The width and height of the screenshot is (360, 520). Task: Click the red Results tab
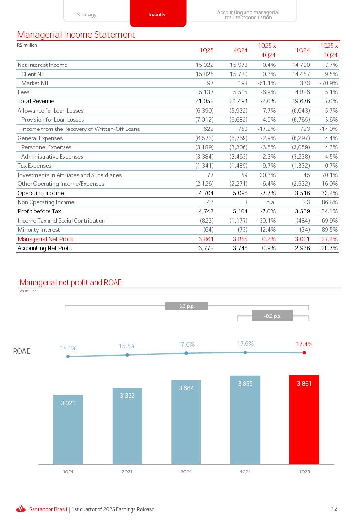[x=157, y=14]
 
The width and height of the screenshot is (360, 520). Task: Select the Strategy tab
[x=86, y=15]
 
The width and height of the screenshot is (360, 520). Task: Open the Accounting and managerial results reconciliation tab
[x=247, y=15]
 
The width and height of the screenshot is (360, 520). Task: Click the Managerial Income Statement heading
[x=76, y=35]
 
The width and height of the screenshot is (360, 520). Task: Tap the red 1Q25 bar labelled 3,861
[x=304, y=420]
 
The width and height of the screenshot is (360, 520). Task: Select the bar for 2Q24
[x=127, y=426]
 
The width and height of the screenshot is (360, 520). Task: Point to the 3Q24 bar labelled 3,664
[x=186, y=422]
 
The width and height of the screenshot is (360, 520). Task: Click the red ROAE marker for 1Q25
[x=304, y=353]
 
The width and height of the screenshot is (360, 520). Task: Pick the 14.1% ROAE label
[x=68, y=348]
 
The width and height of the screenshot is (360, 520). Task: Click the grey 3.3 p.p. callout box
[x=187, y=306]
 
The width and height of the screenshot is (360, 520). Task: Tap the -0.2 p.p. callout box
[x=272, y=316]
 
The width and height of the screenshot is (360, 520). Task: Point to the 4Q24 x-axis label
[x=245, y=472]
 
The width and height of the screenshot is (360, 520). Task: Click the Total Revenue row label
[x=36, y=101]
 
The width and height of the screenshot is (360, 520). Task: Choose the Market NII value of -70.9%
[x=328, y=83]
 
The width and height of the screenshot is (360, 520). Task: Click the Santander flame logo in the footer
[x=21, y=509]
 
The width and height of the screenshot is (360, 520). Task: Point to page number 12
[x=334, y=509]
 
